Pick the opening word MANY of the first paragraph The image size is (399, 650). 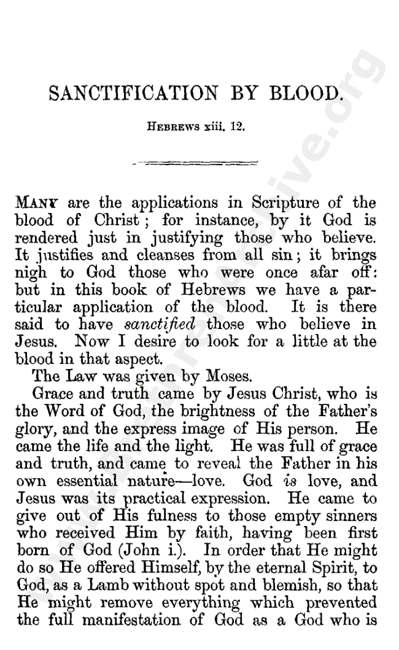[x=39, y=203]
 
